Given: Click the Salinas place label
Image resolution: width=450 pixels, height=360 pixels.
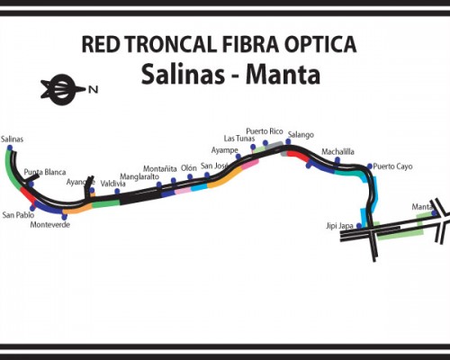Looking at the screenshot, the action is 12,139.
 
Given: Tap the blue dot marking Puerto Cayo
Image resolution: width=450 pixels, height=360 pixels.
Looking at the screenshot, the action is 370,166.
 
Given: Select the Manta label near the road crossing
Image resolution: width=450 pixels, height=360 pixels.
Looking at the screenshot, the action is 422,207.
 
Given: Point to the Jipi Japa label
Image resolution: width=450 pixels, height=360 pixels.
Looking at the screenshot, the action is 339,226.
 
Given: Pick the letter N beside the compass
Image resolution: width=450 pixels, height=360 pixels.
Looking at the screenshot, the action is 93,89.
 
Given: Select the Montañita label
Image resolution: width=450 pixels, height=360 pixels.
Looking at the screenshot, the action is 160,169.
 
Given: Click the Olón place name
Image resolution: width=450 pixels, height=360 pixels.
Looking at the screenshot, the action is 189,168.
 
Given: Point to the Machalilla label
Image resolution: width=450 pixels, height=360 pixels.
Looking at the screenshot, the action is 337,152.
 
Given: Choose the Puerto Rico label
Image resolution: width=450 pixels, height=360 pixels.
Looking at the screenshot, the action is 265,131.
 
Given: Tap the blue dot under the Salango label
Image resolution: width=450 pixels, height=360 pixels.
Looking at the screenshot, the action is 288,141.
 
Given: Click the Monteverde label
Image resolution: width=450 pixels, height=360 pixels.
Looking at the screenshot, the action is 50,225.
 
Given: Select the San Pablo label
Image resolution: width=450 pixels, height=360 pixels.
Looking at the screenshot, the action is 18,215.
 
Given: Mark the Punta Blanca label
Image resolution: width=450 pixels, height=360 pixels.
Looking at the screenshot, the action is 45,172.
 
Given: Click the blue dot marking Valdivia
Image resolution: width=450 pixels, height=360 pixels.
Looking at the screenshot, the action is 117,192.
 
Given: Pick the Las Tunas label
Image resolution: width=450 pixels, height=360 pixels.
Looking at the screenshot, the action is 239,139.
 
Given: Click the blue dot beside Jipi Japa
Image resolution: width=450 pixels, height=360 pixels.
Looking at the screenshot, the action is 359,226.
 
